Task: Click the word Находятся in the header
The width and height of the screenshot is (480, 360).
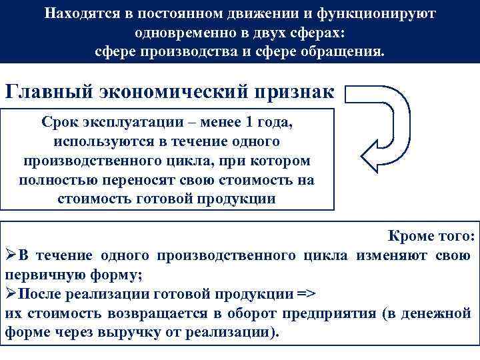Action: [78, 14]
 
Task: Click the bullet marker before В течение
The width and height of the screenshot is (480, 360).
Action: [11, 256]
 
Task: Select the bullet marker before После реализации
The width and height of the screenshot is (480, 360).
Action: [11, 294]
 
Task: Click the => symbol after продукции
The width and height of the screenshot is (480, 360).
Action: [308, 294]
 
